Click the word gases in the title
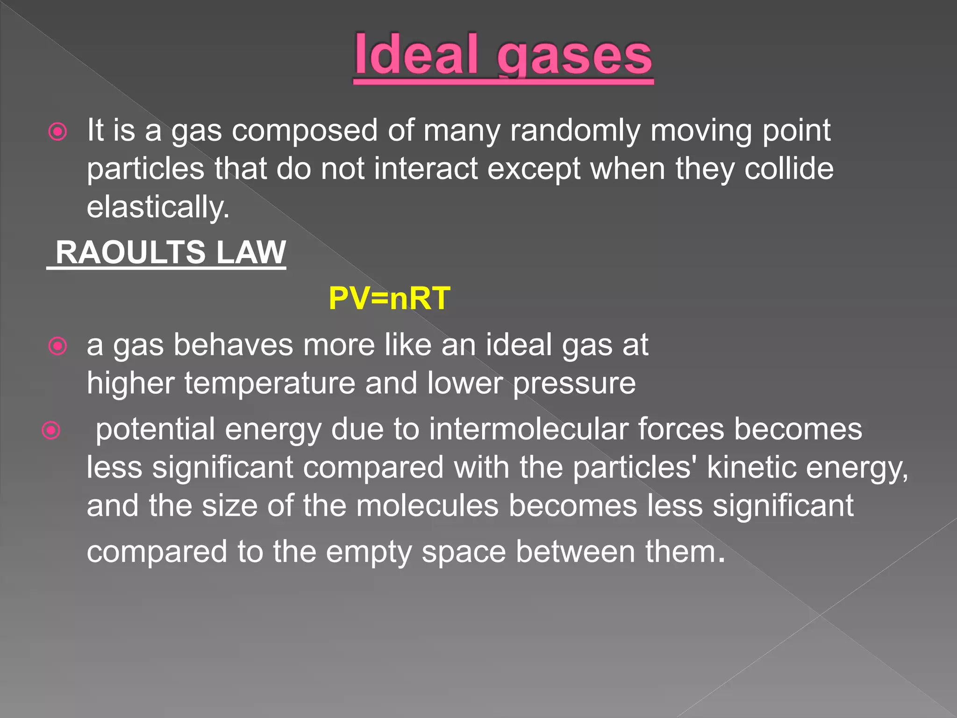(x=574, y=58)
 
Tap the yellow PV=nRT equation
(x=389, y=298)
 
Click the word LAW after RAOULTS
(x=251, y=252)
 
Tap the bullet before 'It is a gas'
(x=58, y=132)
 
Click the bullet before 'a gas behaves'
(x=58, y=346)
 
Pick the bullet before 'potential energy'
(x=51, y=430)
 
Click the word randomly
(x=575, y=130)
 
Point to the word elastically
(x=158, y=207)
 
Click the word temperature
(x=270, y=384)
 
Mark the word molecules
(x=427, y=506)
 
